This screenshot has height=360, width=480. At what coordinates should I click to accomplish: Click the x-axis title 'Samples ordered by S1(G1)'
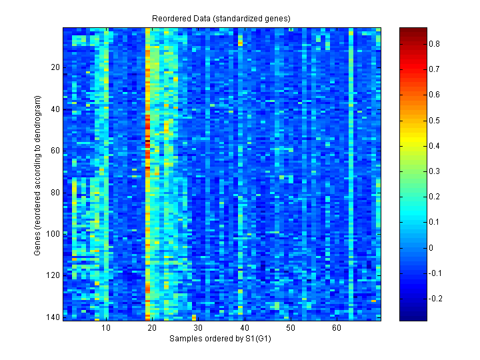click(x=221, y=339)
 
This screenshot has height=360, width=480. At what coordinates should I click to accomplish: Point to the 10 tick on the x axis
click(x=106, y=328)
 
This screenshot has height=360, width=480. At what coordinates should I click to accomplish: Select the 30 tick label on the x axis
click(x=198, y=328)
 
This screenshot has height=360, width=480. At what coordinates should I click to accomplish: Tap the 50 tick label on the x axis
click(x=290, y=328)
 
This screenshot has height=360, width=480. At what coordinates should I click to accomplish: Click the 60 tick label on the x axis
click(x=336, y=328)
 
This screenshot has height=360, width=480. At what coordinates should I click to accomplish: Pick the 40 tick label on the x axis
click(x=244, y=328)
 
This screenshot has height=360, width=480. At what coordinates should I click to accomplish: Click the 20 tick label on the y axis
click(x=55, y=67)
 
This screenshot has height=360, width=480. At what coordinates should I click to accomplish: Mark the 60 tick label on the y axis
click(x=55, y=151)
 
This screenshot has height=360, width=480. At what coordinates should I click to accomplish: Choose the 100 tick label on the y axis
click(x=53, y=234)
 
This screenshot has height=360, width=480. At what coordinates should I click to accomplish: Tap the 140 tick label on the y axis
click(x=53, y=317)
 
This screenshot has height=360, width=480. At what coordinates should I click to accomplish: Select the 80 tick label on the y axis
click(x=55, y=193)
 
